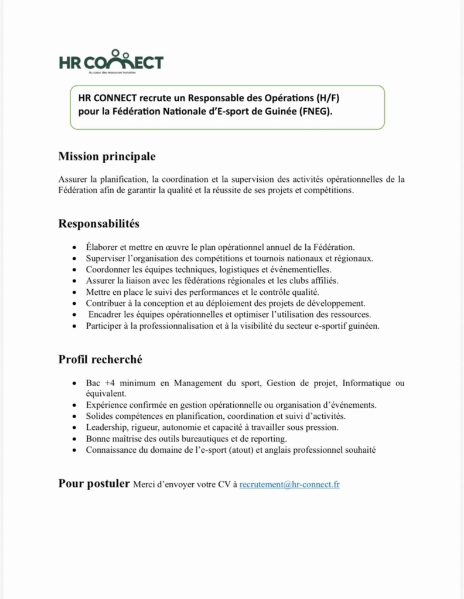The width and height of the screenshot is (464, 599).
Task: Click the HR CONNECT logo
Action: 111,61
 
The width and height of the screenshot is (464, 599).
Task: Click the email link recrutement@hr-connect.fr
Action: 289,485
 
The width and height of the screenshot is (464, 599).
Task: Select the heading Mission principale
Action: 107,157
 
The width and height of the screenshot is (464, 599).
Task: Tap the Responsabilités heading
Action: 99,224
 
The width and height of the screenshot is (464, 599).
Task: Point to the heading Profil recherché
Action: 100,360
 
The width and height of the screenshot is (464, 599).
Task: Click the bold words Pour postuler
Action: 94,484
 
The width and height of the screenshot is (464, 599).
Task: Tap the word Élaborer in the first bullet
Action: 102,247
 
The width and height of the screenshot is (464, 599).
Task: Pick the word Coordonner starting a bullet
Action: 108,270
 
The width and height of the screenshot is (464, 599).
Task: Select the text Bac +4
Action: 100,383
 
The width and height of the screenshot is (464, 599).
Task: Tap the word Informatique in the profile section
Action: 366,383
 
